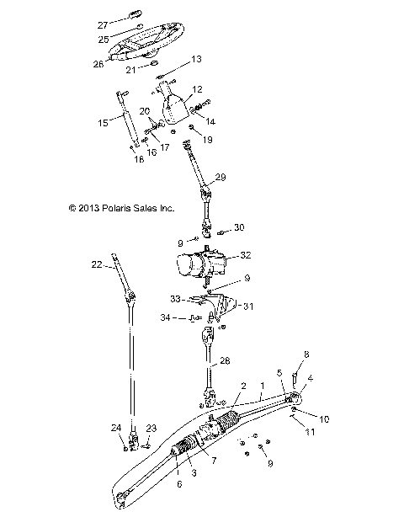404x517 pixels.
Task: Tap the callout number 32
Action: (245, 254)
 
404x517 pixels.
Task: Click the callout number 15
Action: (104, 123)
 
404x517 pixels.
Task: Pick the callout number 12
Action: (198, 89)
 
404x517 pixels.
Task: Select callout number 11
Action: (309, 432)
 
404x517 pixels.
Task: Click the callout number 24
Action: (116, 427)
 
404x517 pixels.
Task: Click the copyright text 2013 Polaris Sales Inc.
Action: (109, 206)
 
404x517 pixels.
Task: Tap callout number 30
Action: (240, 228)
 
